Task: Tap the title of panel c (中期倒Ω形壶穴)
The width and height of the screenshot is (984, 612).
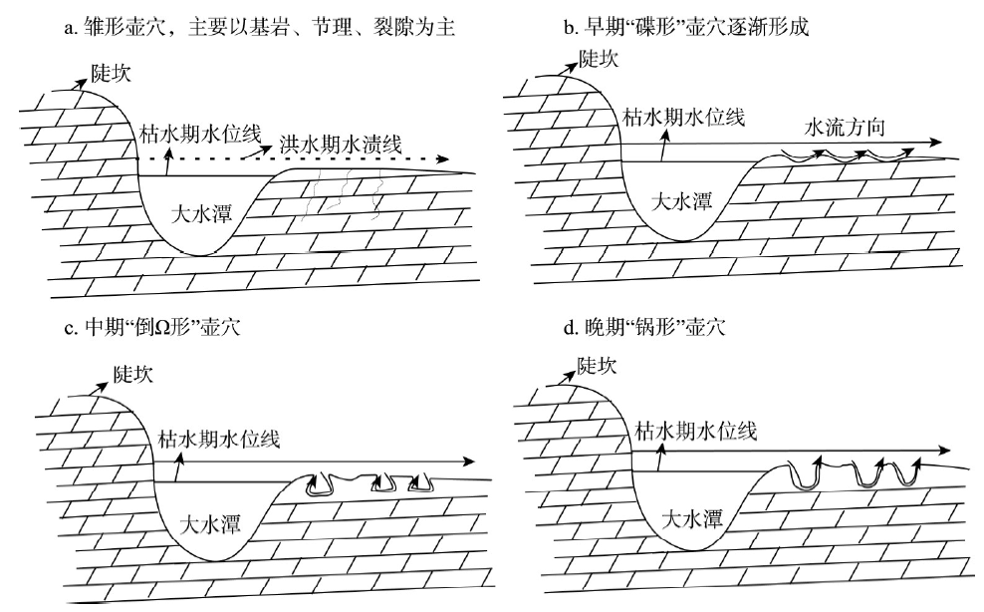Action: (x=151, y=327)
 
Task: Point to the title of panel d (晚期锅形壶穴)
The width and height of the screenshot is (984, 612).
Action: (x=644, y=327)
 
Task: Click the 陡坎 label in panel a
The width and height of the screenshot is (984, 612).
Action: (x=112, y=74)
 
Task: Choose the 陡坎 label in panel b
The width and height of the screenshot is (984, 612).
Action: (x=599, y=59)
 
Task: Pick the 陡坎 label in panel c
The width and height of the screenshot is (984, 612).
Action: (x=133, y=375)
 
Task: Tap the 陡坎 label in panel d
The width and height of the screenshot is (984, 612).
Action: (x=597, y=366)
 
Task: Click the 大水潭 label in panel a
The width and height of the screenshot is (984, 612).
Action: (x=201, y=214)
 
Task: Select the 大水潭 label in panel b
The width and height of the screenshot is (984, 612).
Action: (x=681, y=201)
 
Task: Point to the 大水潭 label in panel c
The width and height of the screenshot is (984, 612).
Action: (x=210, y=524)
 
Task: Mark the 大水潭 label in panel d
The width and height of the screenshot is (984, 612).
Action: (x=692, y=519)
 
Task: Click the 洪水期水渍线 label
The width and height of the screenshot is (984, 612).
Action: (x=341, y=146)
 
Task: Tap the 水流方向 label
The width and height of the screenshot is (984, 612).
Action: (x=845, y=128)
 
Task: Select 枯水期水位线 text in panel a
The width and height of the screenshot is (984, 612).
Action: (x=200, y=134)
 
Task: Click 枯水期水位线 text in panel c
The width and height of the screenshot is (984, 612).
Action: (x=219, y=440)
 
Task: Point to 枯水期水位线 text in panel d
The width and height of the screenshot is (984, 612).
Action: (x=696, y=431)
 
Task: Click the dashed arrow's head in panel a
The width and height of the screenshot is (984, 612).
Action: (x=443, y=158)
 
